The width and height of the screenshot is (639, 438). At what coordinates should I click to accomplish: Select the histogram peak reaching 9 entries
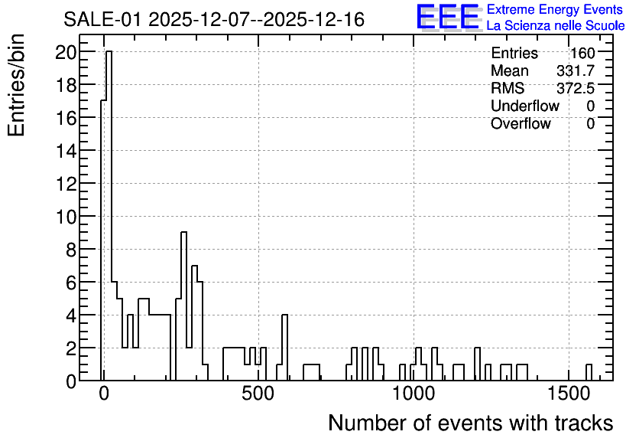tap(183, 306)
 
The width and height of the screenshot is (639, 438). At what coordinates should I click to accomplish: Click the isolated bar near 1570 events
tap(589, 372)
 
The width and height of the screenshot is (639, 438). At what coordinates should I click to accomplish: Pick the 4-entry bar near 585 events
tap(285, 348)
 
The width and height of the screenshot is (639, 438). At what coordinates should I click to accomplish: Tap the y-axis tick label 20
tap(66, 52)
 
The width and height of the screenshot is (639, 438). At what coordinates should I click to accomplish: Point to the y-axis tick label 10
tap(66, 217)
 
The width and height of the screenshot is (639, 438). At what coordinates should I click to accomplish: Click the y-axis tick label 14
tap(66, 151)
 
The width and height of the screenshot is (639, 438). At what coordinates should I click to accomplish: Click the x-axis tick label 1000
tap(414, 394)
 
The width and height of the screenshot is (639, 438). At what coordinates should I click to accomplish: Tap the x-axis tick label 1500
tap(568, 394)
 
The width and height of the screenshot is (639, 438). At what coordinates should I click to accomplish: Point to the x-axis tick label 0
tap(104, 394)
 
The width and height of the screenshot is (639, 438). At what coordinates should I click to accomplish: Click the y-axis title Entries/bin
tap(16, 86)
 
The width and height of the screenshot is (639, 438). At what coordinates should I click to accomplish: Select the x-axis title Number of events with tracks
tap(471, 423)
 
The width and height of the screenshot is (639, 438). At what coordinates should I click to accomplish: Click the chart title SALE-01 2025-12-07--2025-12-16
tap(214, 20)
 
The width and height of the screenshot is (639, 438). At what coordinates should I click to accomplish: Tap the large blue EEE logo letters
tap(448, 17)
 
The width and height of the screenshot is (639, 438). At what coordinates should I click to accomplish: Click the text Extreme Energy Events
tap(555, 9)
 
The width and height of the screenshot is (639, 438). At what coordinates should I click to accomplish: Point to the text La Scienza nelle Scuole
tap(556, 26)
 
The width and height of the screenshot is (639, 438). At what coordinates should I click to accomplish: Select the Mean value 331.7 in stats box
tap(576, 70)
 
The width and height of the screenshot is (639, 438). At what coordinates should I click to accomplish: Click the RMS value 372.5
tap(576, 88)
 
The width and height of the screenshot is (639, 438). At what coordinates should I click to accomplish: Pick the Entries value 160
tap(582, 53)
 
